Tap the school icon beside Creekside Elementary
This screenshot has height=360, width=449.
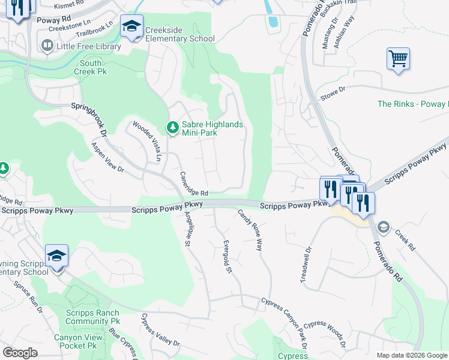131,27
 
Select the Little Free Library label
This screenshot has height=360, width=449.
89,46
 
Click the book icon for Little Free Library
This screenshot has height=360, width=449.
47,45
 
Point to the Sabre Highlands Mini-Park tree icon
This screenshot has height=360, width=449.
172,127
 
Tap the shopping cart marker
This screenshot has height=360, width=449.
397,59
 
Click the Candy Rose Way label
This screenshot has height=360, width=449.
250,230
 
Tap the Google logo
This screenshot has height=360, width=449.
20,353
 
